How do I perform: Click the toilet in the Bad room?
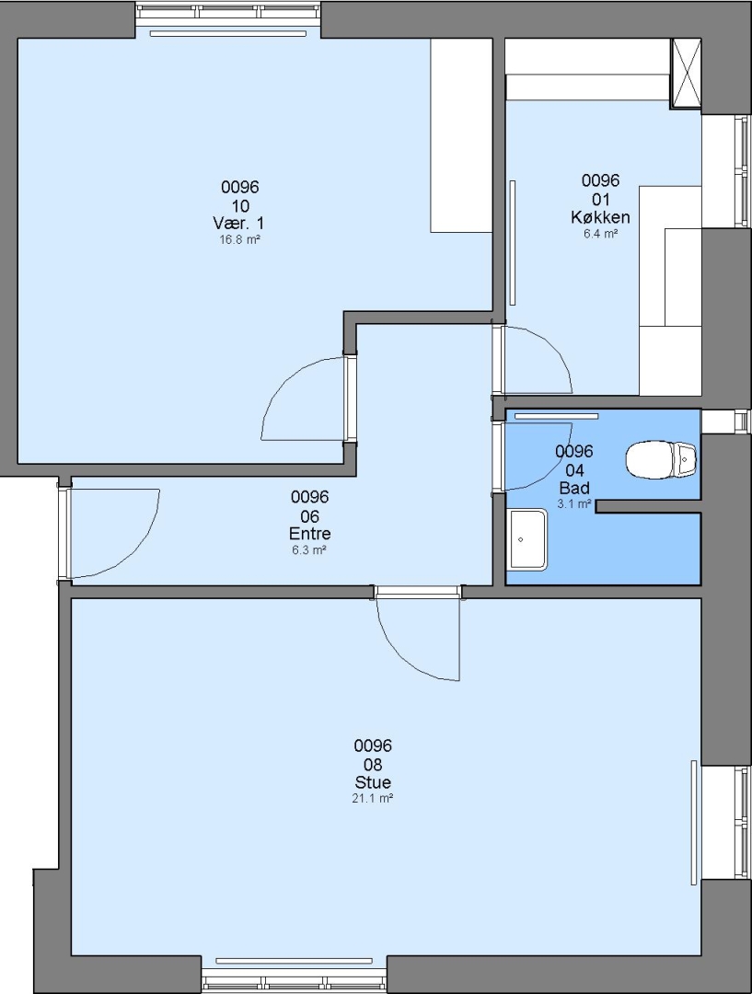coord(661,459)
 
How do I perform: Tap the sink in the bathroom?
coord(528,538)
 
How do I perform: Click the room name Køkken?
coord(600,217)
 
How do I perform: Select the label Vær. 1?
coord(238,223)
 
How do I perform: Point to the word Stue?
coord(373,781)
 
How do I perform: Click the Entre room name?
coord(309,533)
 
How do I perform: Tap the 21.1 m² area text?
coord(373,799)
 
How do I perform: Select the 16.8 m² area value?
coord(239,239)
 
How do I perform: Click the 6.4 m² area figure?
coord(600,233)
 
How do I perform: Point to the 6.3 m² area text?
coord(309,549)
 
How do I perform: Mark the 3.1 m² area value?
coord(574,504)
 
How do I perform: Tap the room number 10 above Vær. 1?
coord(240,205)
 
